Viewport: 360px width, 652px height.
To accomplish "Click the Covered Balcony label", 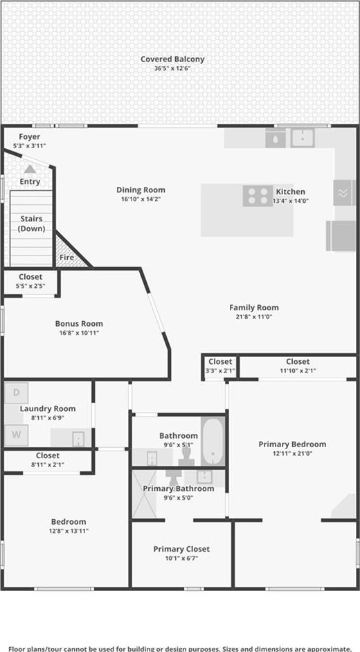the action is coord(172,59).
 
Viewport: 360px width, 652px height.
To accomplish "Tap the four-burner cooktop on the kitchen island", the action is coord(258,196).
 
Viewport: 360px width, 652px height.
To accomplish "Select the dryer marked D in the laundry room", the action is coord(16,393).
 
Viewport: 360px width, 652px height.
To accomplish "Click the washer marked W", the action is coord(16,435).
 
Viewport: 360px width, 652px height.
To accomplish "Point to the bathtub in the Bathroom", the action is coord(213,441).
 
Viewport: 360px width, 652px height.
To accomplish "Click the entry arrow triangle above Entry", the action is coord(30,169).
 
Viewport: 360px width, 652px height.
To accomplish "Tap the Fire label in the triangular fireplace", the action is coord(67,257).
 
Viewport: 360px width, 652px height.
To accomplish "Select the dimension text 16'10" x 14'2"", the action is coord(141,199).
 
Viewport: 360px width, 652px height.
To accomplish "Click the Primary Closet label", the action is coord(181,550).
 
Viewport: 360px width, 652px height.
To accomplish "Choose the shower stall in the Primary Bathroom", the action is coord(144,493).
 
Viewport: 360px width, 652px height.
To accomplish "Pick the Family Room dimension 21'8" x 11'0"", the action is coord(254,317).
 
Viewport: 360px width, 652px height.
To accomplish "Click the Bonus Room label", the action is coord(79,323).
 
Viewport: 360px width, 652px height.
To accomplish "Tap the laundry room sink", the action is coord(78,439).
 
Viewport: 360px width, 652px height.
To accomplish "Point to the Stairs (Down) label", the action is coord(32,224).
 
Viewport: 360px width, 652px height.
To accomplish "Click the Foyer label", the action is coord(30,136).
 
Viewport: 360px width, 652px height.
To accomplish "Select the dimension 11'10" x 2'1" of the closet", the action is coord(298,370).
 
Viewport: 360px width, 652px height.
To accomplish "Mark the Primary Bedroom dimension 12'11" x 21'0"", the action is coord(292,453).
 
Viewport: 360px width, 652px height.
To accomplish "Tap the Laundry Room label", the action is coord(48,409).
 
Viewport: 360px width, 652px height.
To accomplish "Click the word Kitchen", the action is coord(291,192).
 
